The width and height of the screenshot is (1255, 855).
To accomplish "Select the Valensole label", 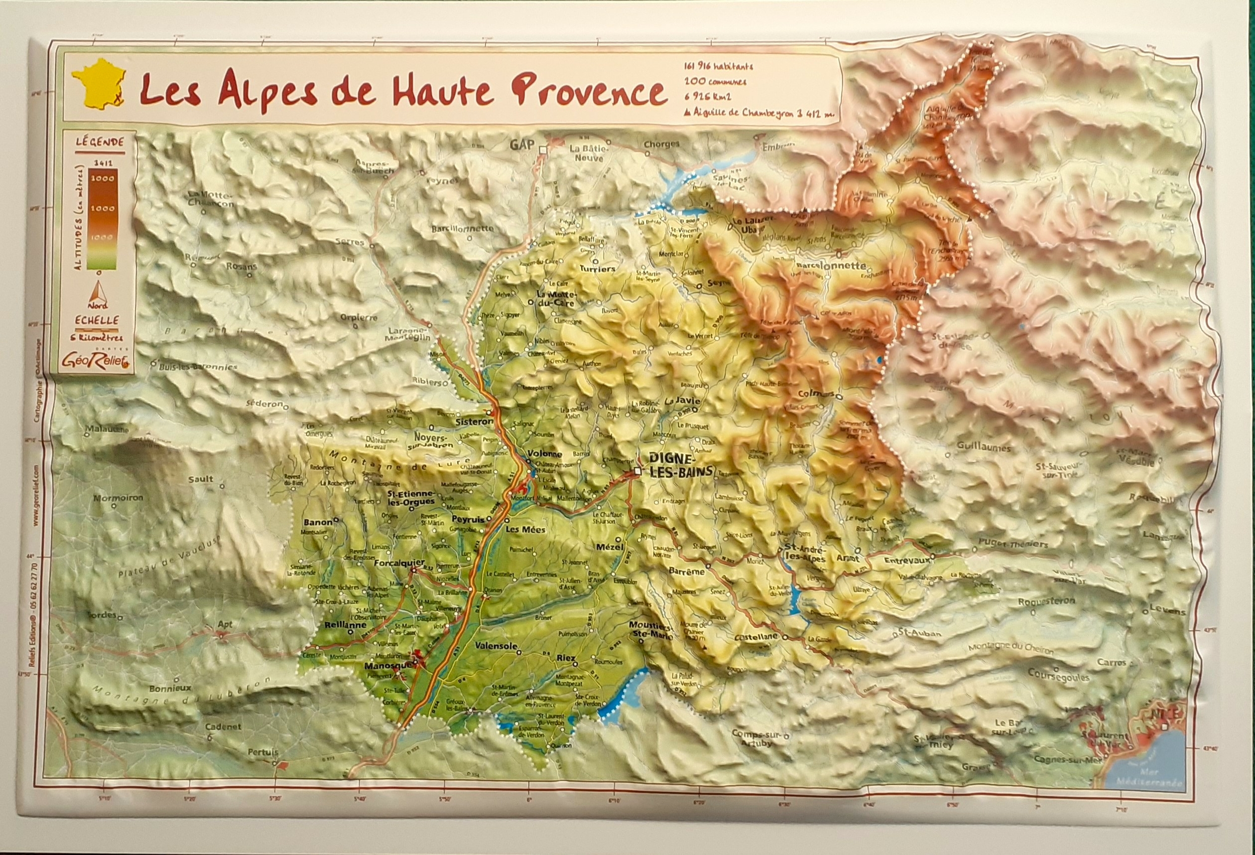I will [x=497, y=646].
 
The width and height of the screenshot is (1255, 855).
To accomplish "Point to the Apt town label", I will [x=225, y=625].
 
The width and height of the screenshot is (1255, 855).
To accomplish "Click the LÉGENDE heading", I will [x=99, y=143].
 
